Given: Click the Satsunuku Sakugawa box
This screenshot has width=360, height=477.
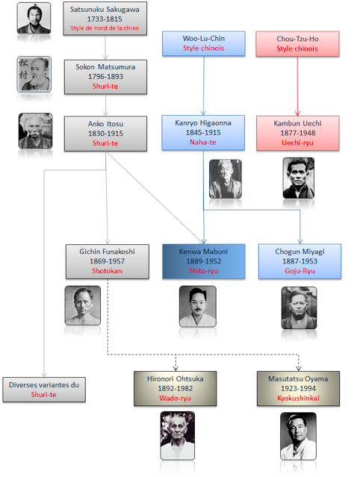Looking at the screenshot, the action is coord(105,18).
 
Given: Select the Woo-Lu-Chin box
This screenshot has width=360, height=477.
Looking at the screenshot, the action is coord(204,43).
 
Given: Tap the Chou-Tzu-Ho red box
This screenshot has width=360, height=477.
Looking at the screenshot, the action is coord(297,44).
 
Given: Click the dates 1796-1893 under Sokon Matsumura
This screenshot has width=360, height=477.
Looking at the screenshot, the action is coord(105,77).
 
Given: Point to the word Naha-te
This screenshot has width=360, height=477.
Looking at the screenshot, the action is coord(203,143).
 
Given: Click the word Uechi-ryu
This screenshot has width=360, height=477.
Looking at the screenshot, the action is coord(297,143).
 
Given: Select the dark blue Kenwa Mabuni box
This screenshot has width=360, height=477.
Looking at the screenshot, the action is coord(204,261).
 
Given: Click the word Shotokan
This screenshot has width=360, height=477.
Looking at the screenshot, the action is coord(107,271).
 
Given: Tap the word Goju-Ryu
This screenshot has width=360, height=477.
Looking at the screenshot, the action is coord(300,271).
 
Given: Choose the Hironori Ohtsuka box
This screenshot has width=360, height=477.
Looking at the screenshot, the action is coord(176,388).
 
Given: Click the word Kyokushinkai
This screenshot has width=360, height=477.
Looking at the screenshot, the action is coord(298,398).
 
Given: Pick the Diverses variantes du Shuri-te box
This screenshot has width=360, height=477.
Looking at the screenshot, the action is coord(44,390).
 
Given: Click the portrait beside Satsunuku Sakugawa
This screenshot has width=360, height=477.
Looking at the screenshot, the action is coord(34,18).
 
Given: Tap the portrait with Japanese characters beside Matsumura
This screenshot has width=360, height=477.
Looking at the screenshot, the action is coord(34,74).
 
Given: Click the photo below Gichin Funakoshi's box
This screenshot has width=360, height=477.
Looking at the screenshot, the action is coord(83,305).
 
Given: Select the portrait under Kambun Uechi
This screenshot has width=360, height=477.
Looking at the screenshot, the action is coord(299,178).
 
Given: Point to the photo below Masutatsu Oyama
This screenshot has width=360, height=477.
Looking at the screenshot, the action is coord(298,436).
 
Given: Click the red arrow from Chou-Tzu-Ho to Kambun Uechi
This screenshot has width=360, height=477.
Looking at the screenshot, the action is coord(297,86).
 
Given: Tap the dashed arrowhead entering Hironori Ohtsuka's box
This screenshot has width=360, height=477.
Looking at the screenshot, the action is coord(176,368).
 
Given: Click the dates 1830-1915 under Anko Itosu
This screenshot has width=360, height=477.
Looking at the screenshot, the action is coord(105,134).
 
